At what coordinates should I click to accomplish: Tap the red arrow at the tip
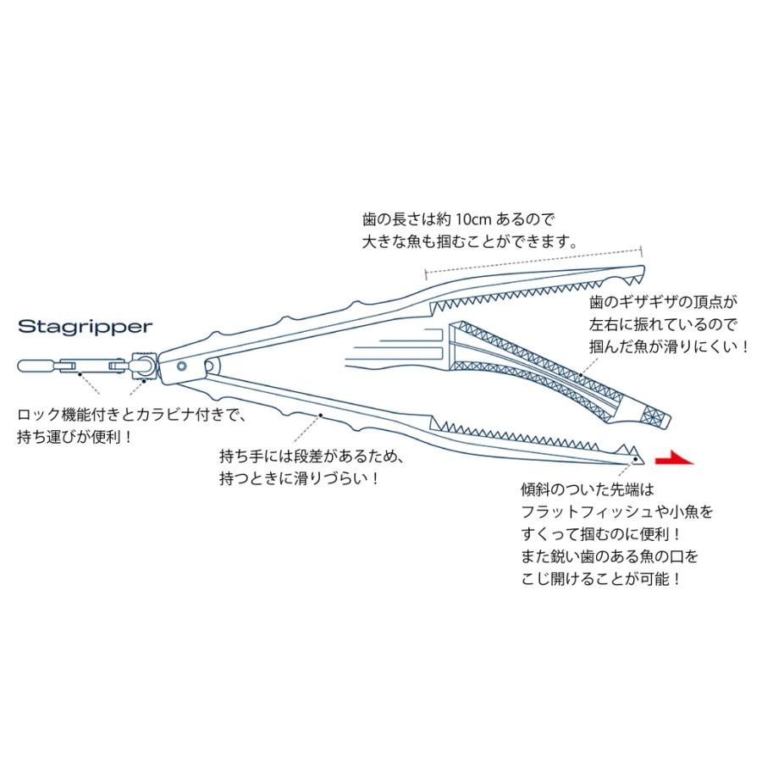[675, 460]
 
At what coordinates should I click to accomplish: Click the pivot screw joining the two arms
[182, 365]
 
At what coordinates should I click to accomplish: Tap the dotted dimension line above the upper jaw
[533, 259]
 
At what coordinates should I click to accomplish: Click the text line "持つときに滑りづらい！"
[297, 478]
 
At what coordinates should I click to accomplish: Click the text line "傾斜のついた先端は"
[589, 489]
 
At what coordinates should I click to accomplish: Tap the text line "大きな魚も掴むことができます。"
[469, 240]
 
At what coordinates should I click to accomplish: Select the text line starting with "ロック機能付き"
[131, 415]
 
